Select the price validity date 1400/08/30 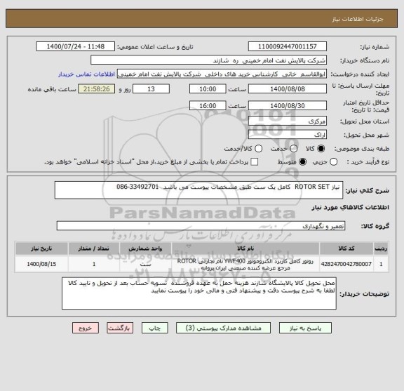pyautogui.click(x=288, y=105)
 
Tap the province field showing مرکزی pyautogui.click(x=288, y=121)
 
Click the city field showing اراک pyautogui.click(x=288, y=135)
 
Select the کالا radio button pyautogui.click(x=322, y=149)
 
